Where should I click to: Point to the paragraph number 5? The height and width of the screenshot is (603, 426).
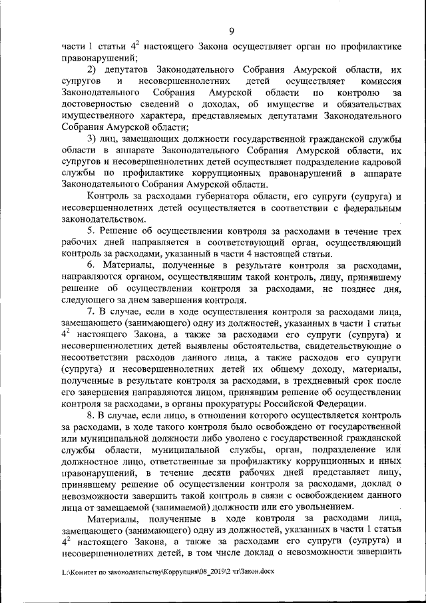[93, 231]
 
